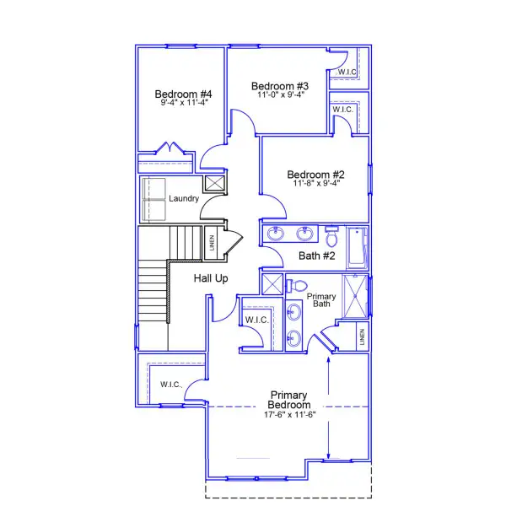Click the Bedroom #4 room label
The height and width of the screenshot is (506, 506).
pos(182,94)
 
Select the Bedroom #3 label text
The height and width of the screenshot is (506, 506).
pos(280,86)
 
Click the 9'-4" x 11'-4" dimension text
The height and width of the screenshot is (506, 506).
pos(184,102)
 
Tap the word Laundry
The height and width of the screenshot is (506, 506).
pos(183,199)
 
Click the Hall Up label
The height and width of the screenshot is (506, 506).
pos(210,278)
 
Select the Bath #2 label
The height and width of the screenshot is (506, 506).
pos(317,256)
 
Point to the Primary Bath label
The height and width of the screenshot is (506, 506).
pos(321,300)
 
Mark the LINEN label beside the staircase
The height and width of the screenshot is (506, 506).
pos(212,243)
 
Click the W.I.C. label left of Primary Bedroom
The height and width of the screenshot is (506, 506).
pos(171,385)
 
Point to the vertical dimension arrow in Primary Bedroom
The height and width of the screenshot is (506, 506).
pos(328,406)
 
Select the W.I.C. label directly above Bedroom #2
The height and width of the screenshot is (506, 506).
pos(342,110)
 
